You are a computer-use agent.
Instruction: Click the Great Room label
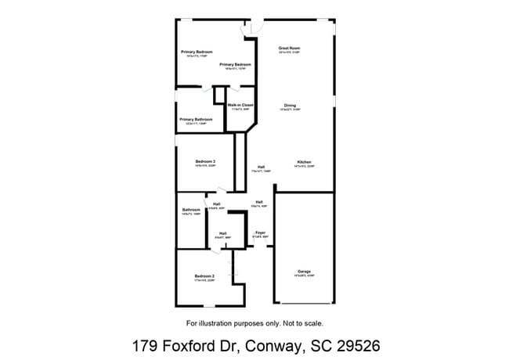290,49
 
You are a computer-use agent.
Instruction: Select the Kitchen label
304,162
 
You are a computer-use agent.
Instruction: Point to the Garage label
304,272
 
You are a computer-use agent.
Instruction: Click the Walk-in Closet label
240,105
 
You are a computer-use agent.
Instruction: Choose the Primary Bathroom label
196,119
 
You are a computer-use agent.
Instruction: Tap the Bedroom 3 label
205,161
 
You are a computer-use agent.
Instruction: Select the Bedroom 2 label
204,276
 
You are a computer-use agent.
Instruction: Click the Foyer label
260,232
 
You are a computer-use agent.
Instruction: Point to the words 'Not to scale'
301,322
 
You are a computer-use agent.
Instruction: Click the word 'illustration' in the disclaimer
215,322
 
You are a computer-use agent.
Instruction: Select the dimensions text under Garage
304,276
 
